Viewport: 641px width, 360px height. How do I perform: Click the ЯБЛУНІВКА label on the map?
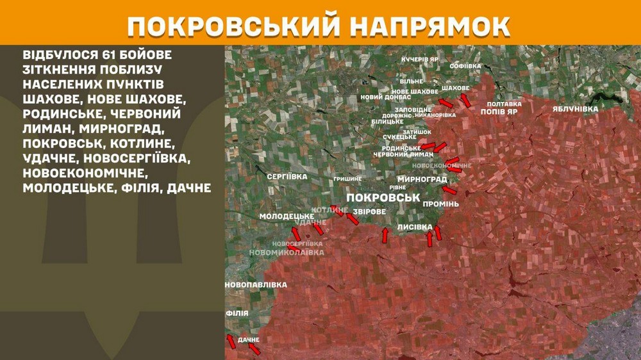point(575,109)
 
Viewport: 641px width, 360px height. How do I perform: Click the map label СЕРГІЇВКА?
point(287,176)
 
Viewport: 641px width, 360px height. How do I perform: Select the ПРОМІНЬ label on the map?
point(440,204)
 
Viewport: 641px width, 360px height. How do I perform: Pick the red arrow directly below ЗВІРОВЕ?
point(385,235)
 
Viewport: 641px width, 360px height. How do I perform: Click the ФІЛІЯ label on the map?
point(237,313)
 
